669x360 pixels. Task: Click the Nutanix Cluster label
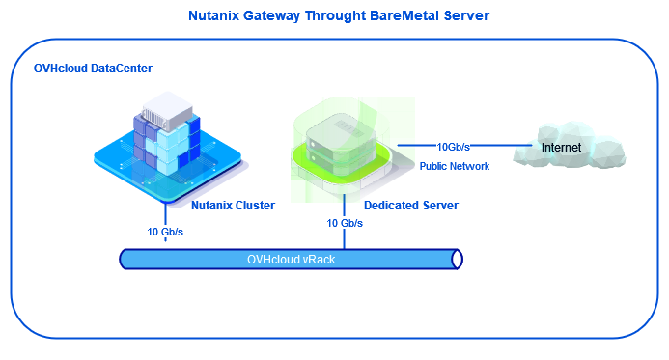tap(233, 205)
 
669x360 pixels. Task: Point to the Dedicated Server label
tap(410, 205)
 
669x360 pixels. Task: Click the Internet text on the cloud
tap(561, 148)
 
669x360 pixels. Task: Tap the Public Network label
tap(454, 166)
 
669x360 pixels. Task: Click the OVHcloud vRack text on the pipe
tap(291, 259)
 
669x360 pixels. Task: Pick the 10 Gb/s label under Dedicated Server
tap(345, 223)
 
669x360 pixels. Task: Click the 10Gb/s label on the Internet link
tap(454, 147)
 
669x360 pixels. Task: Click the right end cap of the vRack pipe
tap(458, 259)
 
